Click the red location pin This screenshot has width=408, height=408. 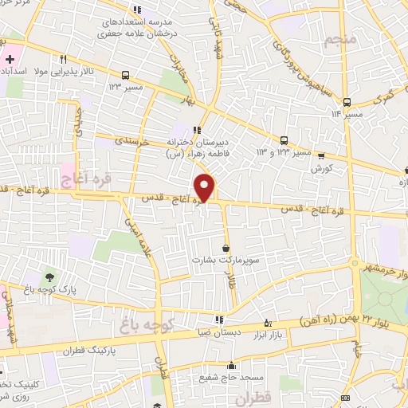206,186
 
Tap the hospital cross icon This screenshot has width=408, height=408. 10,60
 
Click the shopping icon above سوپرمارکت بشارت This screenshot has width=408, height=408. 226,248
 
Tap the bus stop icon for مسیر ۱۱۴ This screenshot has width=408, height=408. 347,102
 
